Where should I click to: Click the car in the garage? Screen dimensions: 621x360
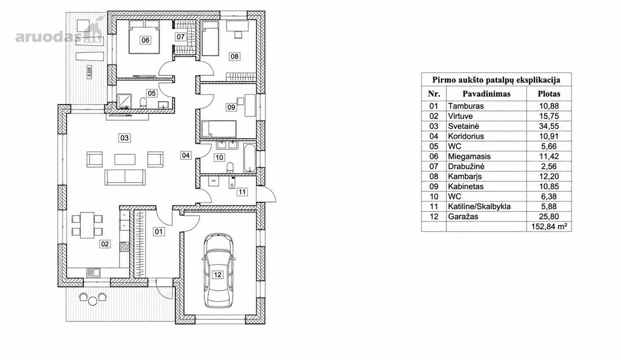[218, 270]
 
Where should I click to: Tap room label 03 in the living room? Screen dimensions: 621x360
[125, 138]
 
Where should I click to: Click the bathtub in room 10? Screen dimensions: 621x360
[249, 158]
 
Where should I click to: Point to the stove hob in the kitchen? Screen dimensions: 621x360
[124, 247]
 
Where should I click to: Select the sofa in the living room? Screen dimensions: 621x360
[125, 177]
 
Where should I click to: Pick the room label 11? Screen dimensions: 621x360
[242, 192]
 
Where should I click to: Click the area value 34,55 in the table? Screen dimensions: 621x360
[549, 126]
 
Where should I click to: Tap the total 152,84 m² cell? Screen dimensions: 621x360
[549, 227]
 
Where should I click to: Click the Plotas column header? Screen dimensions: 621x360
[549, 94]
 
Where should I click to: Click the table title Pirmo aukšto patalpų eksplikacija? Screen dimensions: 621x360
[496, 80]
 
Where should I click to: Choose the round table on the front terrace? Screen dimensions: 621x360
[92, 301]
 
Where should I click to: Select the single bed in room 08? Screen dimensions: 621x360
[210, 38]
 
